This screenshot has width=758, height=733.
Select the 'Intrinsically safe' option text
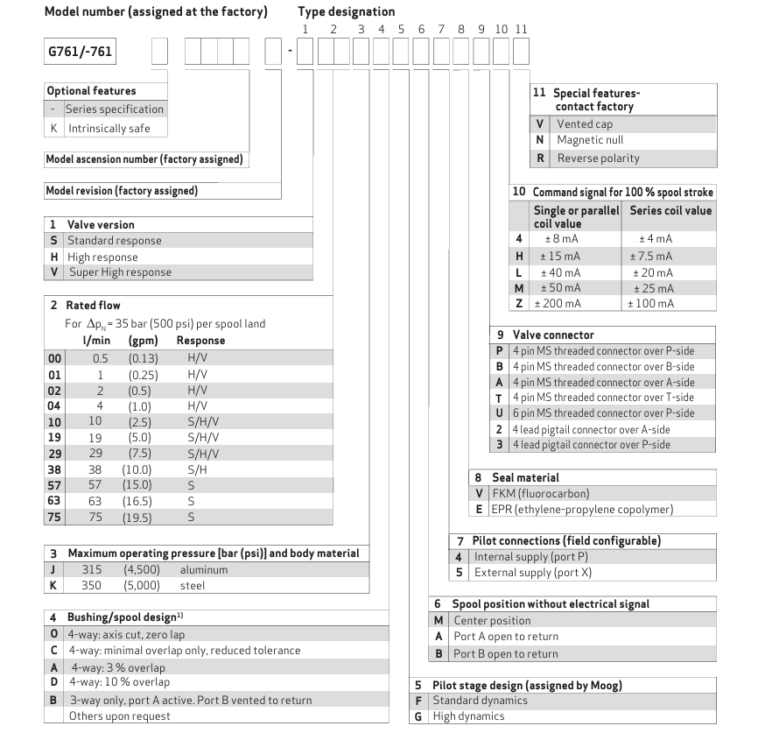coord(109,128)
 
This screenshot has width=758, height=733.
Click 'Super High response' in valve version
coord(120,271)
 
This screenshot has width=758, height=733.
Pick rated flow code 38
coord(53,469)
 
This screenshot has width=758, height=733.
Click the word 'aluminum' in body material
coord(203,569)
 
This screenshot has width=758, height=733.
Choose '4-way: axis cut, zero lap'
coord(130,634)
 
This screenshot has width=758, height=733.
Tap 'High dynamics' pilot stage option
coord(468,715)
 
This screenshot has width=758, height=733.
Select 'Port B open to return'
coord(505,653)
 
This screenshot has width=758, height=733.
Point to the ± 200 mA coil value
coord(559,303)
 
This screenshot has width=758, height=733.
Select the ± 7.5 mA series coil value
coord(651,256)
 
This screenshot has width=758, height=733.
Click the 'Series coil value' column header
coord(670,210)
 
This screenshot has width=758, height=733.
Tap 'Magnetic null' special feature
coord(590,140)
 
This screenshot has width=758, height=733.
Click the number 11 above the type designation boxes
coord(521,29)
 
